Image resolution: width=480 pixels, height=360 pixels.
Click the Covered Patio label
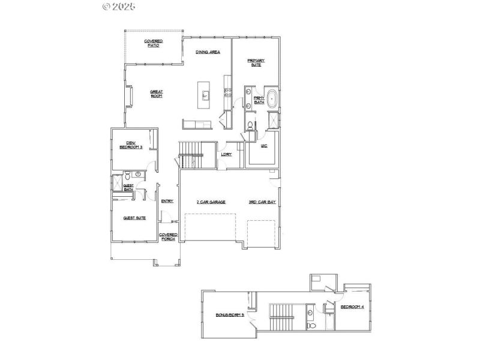(x=153, y=43)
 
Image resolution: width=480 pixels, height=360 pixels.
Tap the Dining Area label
(x=208, y=52)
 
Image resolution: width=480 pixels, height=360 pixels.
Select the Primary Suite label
(x=256, y=62)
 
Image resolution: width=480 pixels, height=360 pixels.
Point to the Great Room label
(x=157, y=94)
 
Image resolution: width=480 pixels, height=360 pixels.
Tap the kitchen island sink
(x=206, y=95)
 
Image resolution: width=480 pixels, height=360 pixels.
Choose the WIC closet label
(x=263, y=146)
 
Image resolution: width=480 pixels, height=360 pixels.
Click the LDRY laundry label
(x=226, y=154)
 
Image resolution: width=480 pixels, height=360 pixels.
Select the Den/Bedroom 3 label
(x=130, y=145)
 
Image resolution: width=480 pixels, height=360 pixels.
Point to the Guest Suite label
(x=134, y=218)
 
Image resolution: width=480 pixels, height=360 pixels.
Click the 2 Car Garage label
(x=211, y=202)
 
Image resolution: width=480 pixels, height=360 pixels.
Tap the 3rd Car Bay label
(x=262, y=202)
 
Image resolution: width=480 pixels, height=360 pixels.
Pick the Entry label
(x=167, y=201)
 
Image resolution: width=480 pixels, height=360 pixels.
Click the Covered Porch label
(x=168, y=236)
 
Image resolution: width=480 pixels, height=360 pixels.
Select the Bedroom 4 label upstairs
(x=352, y=307)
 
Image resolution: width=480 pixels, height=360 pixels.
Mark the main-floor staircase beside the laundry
(x=192, y=155)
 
